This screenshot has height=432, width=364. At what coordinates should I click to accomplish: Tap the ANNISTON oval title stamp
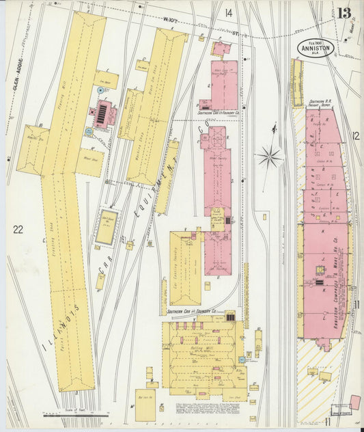(315, 49)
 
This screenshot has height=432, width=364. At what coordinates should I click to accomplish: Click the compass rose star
(270, 157)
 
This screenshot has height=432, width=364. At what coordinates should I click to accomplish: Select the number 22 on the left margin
(18, 230)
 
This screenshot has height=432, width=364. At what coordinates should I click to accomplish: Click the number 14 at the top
(228, 13)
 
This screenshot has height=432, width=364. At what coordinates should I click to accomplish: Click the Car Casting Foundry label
(184, 267)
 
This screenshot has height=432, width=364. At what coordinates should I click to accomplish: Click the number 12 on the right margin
(355, 136)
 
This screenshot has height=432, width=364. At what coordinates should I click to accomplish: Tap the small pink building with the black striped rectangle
(103, 115)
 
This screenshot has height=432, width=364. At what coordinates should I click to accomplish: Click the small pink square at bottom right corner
(354, 401)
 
